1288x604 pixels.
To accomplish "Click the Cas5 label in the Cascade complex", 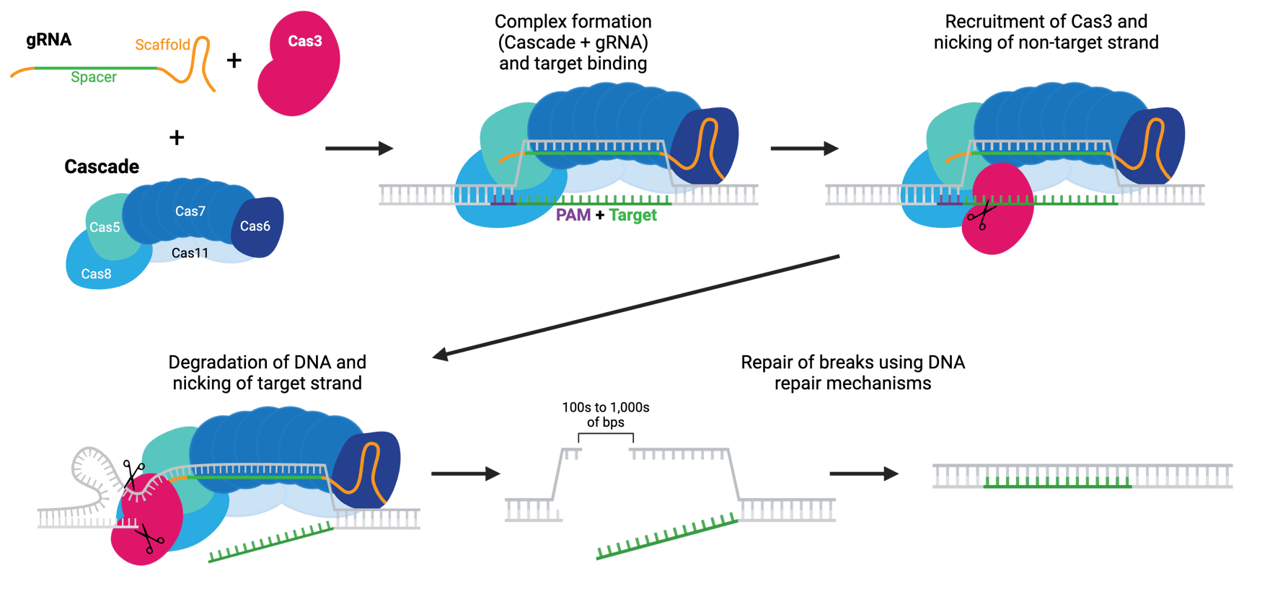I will [x=105, y=227].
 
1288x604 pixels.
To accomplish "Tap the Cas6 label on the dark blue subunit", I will [x=255, y=226].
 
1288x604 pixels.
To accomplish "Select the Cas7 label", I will [x=190, y=211].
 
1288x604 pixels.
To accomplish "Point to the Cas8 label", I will [x=96, y=274].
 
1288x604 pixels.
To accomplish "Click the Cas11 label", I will [x=190, y=253].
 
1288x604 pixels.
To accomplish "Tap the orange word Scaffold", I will [x=162, y=45].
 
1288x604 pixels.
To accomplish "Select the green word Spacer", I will [x=94, y=77].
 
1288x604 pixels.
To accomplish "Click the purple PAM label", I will [x=573, y=215].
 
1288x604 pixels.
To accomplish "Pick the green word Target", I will [x=633, y=215].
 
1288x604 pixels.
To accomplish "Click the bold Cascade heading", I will [x=102, y=166].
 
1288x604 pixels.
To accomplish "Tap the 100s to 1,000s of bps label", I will [x=606, y=414].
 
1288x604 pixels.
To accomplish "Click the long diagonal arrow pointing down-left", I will [x=635, y=306].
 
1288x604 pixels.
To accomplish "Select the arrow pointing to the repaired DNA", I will [x=864, y=474].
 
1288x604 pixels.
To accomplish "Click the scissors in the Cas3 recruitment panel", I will [x=981, y=215].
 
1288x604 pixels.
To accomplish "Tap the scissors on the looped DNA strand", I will [x=133, y=474].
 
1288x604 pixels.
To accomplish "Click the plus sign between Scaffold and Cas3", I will [x=234, y=60].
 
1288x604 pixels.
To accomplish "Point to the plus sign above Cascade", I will [x=177, y=137].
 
